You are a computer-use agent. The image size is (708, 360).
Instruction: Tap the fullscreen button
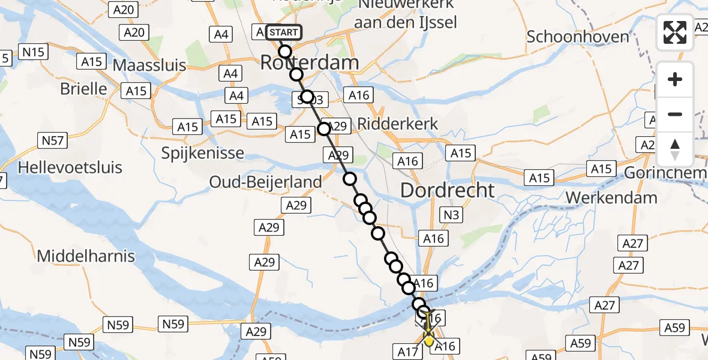pos(675,32)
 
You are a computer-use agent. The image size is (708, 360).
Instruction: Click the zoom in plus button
pos(675,79)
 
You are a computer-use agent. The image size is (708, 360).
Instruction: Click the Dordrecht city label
pos(448,191)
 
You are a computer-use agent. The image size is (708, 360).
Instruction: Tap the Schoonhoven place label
pos(578,37)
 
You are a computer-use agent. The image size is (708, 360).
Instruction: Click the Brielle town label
pos(83,89)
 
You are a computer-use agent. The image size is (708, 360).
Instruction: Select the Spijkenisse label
pos(203,153)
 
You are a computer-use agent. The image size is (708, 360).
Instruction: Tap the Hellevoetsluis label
pos(70,167)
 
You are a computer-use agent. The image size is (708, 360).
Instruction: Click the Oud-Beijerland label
pos(265,181)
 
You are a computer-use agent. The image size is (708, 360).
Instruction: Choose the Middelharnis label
pos(86,256)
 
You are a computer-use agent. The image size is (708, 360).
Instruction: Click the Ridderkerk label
pos(397,124)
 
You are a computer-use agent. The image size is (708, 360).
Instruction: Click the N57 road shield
pos(50,141)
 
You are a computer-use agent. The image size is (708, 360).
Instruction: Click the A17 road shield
pos(407,351)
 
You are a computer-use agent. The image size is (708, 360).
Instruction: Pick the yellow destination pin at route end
pos(429,340)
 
